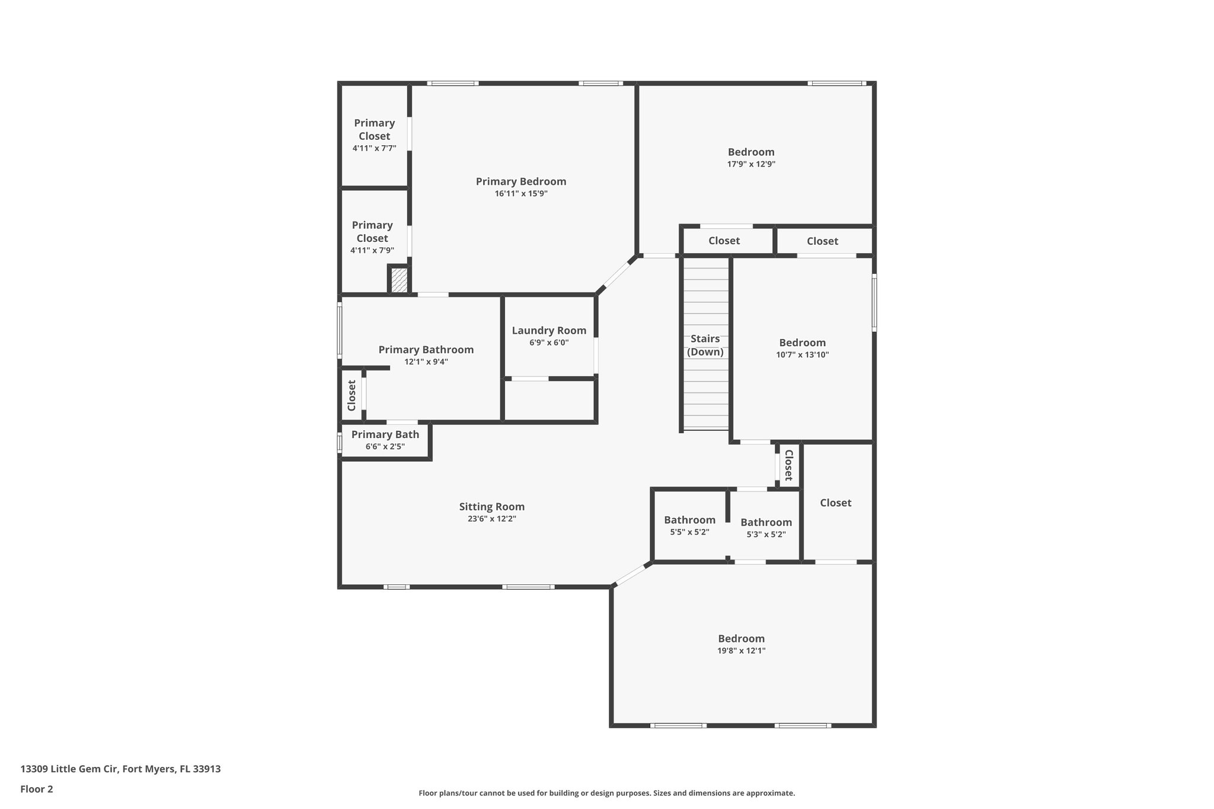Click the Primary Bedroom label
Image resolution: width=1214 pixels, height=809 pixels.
[x=521, y=181]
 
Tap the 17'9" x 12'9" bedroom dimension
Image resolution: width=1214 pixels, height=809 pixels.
[x=751, y=164]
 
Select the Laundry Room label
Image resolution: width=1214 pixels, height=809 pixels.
[x=549, y=331]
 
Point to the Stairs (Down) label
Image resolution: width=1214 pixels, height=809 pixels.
[x=705, y=346]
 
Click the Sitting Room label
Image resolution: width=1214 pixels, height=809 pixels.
[x=492, y=507]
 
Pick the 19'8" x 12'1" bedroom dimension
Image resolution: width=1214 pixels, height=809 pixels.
[x=741, y=650]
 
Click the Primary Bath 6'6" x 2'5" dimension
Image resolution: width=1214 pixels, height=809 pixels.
[x=385, y=446]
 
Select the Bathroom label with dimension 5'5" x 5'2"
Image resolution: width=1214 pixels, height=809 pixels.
[x=689, y=520]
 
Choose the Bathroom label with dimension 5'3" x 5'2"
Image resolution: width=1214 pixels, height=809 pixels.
[x=766, y=522]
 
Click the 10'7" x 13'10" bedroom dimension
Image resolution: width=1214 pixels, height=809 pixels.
[x=803, y=355]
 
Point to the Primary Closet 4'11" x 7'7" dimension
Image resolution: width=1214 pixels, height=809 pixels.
[x=374, y=148]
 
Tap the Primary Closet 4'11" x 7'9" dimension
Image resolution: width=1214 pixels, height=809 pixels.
[x=372, y=250]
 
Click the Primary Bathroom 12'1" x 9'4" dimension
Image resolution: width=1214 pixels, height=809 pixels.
[x=426, y=362]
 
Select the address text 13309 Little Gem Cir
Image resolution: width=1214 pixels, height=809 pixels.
[x=71, y=769]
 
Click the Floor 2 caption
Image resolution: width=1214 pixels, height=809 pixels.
[x=37, y=789]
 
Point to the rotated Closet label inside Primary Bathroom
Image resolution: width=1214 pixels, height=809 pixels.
[x=352, y=395]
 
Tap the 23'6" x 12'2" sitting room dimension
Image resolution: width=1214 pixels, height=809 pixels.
[x=492, y=519]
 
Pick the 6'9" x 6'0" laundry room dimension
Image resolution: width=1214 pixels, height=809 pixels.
[x=549, y=343]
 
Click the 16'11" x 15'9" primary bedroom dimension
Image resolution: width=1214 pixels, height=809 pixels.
[x=521, y=193]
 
